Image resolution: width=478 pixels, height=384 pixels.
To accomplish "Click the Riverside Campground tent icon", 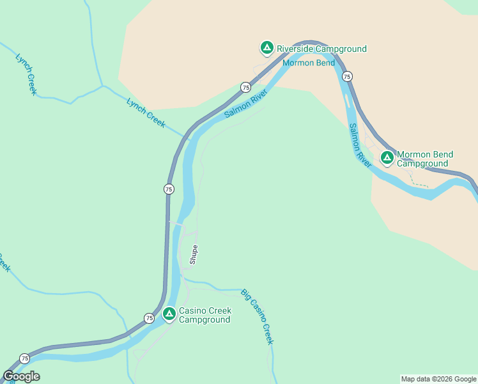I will tap(266, 48).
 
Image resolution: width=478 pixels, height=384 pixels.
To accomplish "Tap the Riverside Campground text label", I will tap(321, 49).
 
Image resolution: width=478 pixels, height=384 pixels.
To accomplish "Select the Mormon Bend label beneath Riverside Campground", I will tap(309, 63).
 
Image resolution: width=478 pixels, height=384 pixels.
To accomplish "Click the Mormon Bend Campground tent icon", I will tap(387, 157).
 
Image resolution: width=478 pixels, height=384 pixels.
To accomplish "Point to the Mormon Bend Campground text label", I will tap(425, 159).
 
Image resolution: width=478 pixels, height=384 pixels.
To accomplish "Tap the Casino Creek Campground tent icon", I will tap(169, 314).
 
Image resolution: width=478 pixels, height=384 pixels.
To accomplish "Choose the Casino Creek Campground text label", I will tap(204, 315).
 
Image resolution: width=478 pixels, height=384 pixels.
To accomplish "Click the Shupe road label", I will tap(194, 254).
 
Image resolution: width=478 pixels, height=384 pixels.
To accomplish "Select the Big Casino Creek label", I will tap(257, 317).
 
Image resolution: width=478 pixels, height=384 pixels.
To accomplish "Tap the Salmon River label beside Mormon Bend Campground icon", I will tap(360, 146).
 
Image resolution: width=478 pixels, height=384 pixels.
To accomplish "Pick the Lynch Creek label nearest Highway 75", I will tap(146, 113).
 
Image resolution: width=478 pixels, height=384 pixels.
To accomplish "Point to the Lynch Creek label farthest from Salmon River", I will tap(26, 74).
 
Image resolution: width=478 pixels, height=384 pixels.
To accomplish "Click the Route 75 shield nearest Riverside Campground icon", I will tap(245, 87).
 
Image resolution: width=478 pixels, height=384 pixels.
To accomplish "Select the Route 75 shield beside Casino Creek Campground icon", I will tap(149, 318).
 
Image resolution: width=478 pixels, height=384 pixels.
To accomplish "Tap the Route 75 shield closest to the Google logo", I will tap(24, 358).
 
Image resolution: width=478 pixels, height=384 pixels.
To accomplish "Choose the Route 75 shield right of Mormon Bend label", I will tap(347, 76).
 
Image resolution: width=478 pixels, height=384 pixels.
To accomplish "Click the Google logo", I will tap(21, 376).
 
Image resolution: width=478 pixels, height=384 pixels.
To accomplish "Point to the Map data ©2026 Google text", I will tap(438, 379).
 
